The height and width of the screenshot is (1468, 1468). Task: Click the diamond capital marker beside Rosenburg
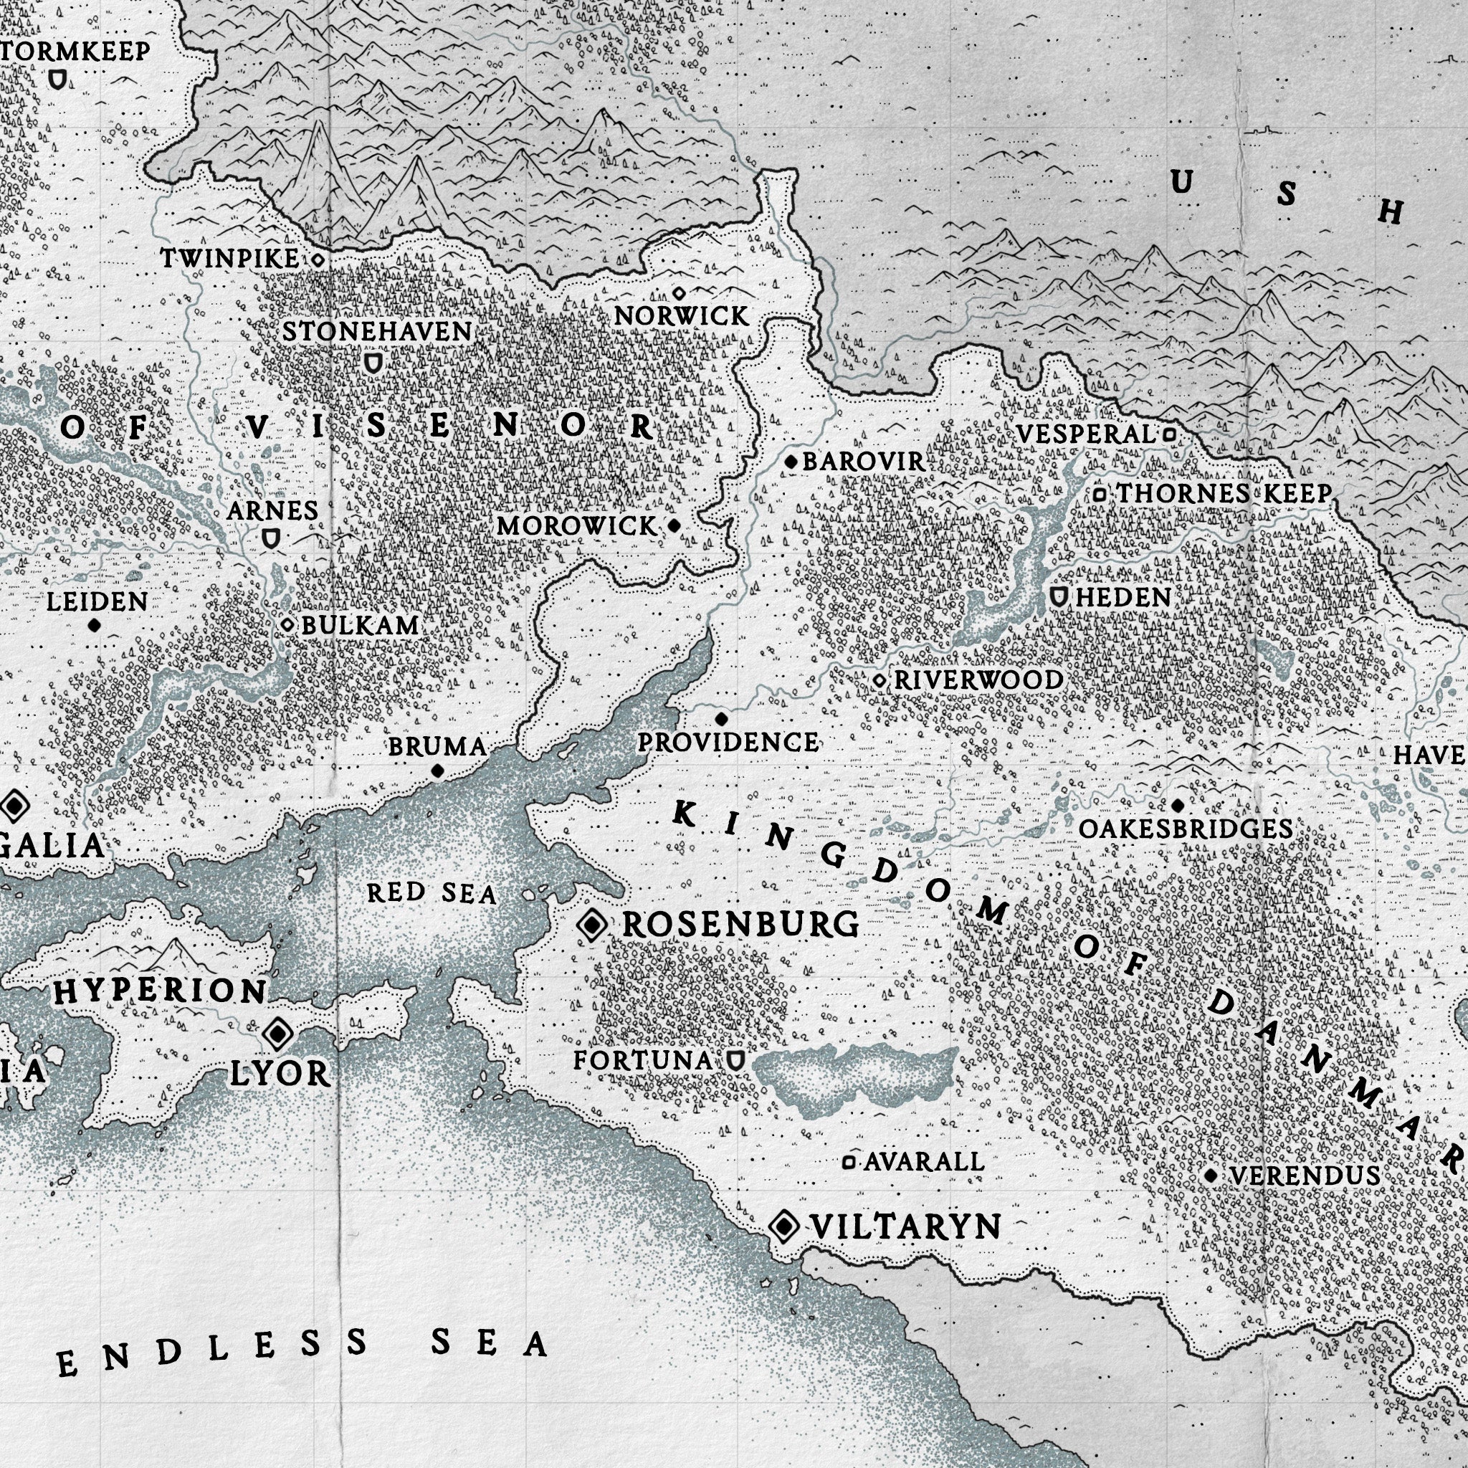coord(592,925)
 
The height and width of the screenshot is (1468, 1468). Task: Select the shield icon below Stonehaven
coord(372,363)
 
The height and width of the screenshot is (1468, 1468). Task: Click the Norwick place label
coord(681,316)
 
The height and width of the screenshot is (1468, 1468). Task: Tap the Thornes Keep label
coord(1224,493)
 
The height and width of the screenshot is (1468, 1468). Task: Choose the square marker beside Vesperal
coord(1170,434)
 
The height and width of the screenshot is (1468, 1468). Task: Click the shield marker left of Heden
coord(1058,596)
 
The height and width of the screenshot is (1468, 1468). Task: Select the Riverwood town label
coord(978,680)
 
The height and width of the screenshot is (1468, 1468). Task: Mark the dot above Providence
coord(721,718)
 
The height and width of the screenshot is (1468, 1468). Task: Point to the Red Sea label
coord(432,894)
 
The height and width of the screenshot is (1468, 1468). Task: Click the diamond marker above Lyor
coord(277,1033)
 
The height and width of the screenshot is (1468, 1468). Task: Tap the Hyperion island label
coord(161,991)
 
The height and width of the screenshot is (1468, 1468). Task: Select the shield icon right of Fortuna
coord(734,1060)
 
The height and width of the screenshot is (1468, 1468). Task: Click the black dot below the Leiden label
coord(94,625)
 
